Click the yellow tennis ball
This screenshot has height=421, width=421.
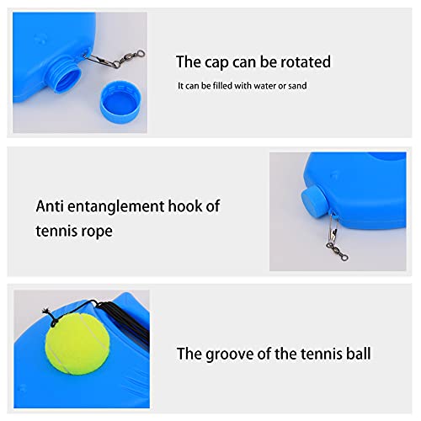click(x=77, y=344)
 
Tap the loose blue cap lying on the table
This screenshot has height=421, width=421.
click(x=120, y=102)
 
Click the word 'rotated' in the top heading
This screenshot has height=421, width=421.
click(x=306, y=61)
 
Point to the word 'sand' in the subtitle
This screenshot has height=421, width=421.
click(x=297, y=86)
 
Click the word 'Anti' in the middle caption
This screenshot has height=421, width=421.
click(x=50, y=206)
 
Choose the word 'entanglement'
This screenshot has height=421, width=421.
click(x=116, y=207)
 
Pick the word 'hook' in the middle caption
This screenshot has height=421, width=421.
click(x=184, y=206)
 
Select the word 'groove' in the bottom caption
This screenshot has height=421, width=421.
click(x=230, y=354)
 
